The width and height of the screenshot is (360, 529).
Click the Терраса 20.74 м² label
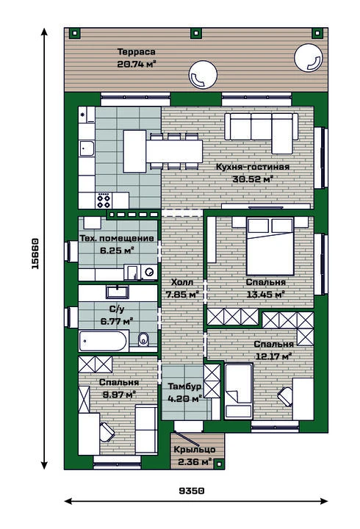137,58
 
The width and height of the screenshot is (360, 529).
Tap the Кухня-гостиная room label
253,167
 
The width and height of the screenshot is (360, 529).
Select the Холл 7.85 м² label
182,289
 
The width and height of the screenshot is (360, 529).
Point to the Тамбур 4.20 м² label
184,392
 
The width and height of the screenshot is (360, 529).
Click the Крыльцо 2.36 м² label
195,455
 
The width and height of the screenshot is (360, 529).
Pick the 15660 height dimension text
35,253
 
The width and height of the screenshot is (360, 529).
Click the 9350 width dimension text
192,491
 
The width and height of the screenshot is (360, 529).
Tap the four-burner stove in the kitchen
104,200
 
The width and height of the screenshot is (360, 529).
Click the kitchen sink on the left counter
87,148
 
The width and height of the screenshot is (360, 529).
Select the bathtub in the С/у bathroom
104,341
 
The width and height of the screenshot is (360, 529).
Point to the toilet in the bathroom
143,339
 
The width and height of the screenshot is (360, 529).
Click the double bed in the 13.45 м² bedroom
270,246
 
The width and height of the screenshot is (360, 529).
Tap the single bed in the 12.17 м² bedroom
239,391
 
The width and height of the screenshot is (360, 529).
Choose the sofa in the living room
262,132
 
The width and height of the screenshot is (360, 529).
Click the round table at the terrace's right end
309,58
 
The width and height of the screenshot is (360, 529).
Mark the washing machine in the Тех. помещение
149,272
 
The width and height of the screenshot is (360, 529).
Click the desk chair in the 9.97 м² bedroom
107,432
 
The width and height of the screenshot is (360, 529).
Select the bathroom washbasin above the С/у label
117,292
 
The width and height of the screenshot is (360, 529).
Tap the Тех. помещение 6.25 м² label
117,244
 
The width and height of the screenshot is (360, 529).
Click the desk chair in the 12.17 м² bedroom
286,397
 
